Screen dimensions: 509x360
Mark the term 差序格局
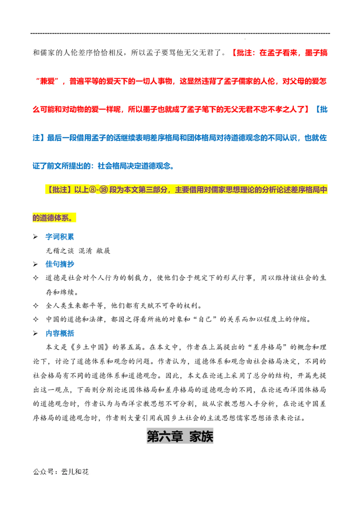click(x=310, y=190)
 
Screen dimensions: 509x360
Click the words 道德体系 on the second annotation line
click(x=54, y=218)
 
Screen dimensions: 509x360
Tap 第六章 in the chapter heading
click(x=165, y=436)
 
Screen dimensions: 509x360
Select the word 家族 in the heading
click(x=201, y=436)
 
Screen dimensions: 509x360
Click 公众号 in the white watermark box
click(x=43, y=472)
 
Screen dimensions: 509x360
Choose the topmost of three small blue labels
click(x=59, y=236)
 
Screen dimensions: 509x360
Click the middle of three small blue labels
click(x=59, y=264)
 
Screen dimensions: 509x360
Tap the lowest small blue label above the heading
click(x=59, y=333)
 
